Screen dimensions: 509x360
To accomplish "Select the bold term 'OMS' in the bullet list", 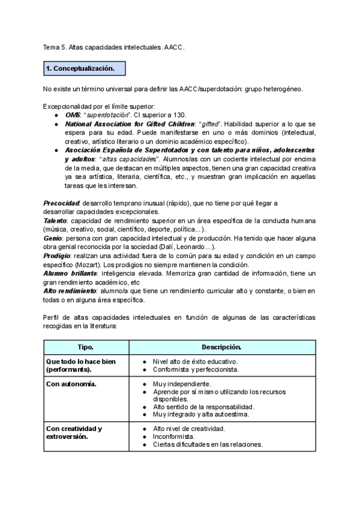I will [x=72, y=115].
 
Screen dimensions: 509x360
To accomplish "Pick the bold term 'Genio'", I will [x=52, y=238].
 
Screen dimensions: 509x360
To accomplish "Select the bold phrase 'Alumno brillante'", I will [x=67, y=274].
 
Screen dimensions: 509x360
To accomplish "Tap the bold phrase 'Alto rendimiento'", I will [x=67, y=291].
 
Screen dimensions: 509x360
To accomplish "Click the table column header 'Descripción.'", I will [x=221, y=348].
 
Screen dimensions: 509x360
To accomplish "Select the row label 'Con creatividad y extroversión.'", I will [x=74, y=433].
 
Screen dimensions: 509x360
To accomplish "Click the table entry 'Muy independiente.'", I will [x=182, y=384].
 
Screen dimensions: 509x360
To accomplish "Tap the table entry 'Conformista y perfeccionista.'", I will [x=196, y=370].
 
